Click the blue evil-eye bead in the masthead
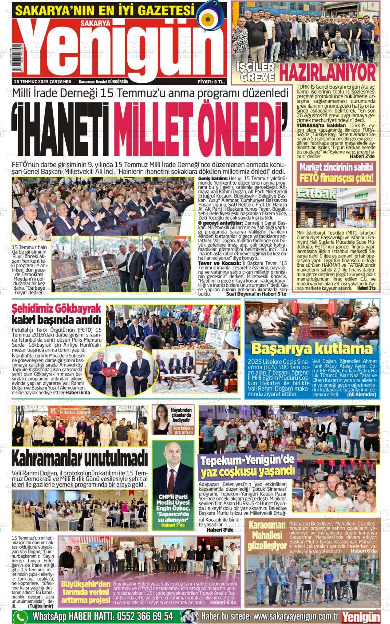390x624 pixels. point(208,19)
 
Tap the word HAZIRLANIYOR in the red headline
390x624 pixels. point(327,72)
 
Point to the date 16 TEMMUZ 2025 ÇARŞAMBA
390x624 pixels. point(42,82)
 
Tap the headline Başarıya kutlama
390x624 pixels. point(312,349)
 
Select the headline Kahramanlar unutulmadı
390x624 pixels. point(79,458)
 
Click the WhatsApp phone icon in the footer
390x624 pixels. point(20,616)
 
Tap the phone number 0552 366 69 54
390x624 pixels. point(145,616)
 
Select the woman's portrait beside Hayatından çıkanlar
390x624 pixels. point(161,420)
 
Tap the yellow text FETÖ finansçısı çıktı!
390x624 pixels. point(337,178)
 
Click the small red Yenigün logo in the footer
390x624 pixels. point(361,617)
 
